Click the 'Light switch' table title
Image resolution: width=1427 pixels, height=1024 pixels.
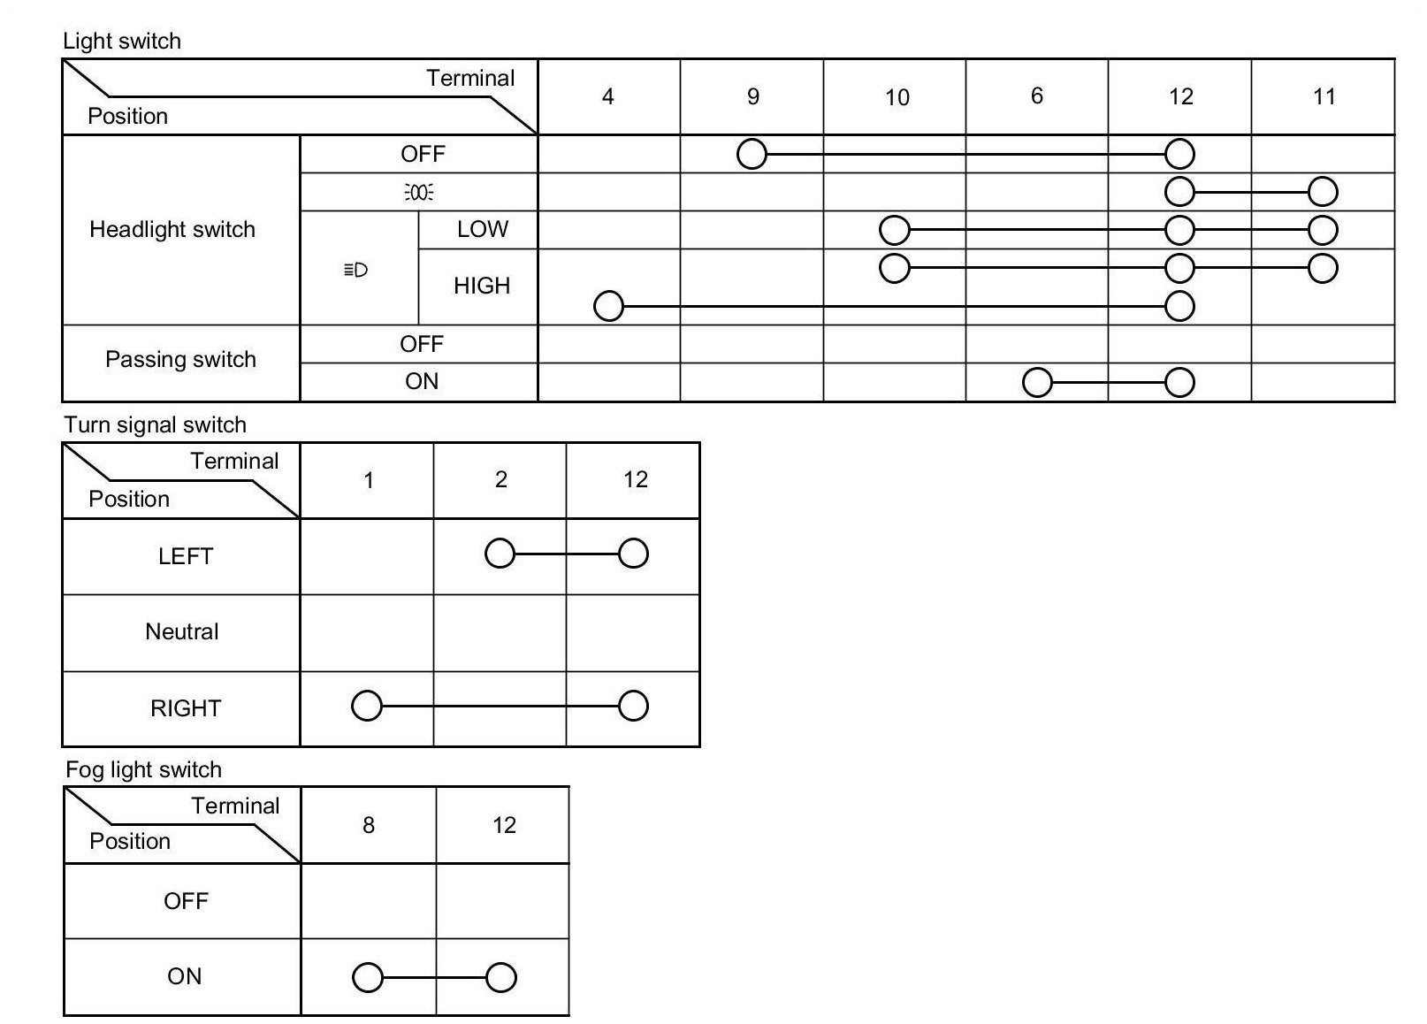(x=122, y=41)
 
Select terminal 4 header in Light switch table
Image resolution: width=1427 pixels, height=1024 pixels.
(x=607, y=96)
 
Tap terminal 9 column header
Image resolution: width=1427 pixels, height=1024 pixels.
(x=752, y=96)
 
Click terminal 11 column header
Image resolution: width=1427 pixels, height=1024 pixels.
(x=1324, y=96)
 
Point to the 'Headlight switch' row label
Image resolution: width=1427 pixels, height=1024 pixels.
(x=172, y=229)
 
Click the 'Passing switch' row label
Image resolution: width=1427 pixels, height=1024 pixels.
(x=180, y=359)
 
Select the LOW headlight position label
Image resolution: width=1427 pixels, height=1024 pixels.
(x=482, y=229)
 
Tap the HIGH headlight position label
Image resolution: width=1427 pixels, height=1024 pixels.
(x=482, y=286)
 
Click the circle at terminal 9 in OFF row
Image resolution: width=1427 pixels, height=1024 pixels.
(x=752, y=154)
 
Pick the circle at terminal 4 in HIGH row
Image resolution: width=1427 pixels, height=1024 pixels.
(x=608, y=306)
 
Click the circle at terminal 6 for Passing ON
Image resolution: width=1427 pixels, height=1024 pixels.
(x=1037, y=382)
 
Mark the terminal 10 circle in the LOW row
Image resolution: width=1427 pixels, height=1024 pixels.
(x=895, y=230)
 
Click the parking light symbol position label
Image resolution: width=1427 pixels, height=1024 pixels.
(x=419, y=193)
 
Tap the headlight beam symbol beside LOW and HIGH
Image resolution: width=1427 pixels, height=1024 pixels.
(x=355, y=270)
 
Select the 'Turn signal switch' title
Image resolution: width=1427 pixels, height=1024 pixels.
(x=155, y=424)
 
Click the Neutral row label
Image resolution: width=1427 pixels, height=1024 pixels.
(x=181, y=631)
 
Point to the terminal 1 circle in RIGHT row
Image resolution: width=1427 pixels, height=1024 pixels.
(x=367, y=706)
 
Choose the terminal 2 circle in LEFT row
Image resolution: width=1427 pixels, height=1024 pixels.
(x=500, y=554)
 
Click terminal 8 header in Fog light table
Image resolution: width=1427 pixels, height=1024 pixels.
(x=369, y=825)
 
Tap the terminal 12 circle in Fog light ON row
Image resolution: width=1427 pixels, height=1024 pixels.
(x=501, y=977)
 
